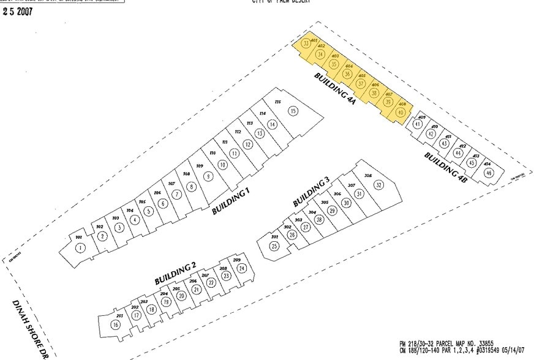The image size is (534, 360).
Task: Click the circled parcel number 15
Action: pyautogui.click(x=293, y=111)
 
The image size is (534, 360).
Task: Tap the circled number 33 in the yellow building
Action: pyautogui.click(x=306, y=44)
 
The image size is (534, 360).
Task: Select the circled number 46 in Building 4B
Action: pyautogui.click(x=488, y=173)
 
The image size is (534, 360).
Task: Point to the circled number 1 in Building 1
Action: pyautogui.click(x=80, y=248)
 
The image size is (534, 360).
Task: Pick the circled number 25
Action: pyautogui.click(x=274, y=246)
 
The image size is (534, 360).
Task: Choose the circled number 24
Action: pyautogui.click(x=243, y=268)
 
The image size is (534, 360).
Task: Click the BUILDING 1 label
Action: pyautogui.click(x=231, y=201)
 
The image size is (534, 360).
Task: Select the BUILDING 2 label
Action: pyautogui.click(x=175, y=272)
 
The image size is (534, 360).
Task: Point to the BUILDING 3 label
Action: pyautogui.click(x=311, y=191)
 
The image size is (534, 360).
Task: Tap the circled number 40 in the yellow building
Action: pyautogui.click(x=401, y=112)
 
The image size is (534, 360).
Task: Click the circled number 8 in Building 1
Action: pyautogui.click(x=192, y=187)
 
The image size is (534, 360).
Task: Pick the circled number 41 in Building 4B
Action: pyautogui.click(x=418, y=124)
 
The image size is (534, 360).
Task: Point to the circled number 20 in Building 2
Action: pyautogui.click(x=181, y=296)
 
